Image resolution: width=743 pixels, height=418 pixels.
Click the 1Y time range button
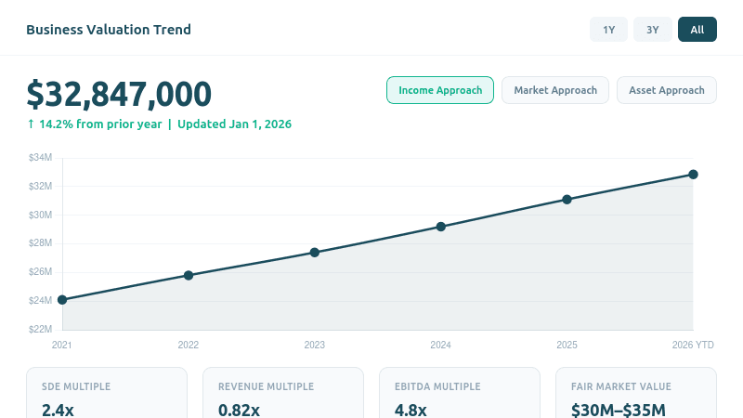609,30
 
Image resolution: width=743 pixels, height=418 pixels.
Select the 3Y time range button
653,30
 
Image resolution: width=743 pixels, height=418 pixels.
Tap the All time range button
697,30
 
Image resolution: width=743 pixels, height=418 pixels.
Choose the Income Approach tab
440,90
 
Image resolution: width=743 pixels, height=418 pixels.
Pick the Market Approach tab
555,90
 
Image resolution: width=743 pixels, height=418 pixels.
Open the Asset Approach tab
667,90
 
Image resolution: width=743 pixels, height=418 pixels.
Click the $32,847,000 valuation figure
119,94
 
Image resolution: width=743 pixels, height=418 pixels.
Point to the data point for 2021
62,300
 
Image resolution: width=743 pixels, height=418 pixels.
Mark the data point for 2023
315,253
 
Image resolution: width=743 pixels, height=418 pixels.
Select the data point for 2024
441,227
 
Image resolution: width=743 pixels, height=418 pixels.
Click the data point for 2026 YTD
693,175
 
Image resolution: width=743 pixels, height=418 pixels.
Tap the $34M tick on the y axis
40,158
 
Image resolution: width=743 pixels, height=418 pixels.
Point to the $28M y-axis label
40,243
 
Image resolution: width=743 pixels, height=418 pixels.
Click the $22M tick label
40,329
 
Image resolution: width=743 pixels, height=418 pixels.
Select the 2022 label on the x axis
189,345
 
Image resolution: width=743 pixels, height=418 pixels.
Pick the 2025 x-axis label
567,345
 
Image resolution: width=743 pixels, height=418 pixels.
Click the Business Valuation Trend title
109,30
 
